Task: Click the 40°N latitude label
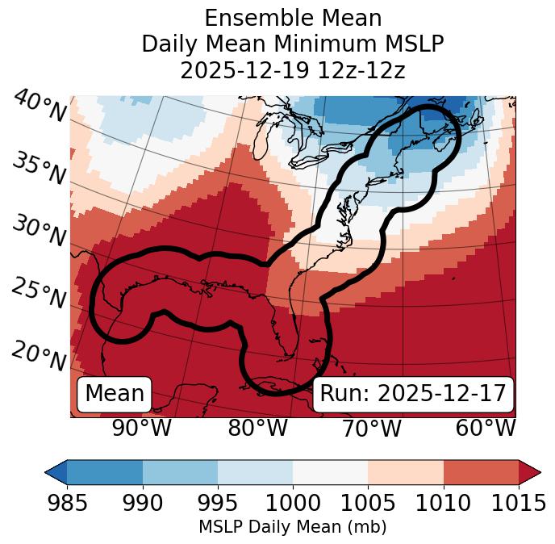(40, 107)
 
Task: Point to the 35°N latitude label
(38, 169)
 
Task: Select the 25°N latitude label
(38, 294)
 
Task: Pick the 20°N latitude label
(38, 356)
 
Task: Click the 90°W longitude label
(142, 428)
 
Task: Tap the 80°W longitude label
(257, 428)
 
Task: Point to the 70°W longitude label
(371, 428)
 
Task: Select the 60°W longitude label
(486, 428)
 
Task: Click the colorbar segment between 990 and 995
(180, 472)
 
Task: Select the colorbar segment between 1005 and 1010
(406, 472)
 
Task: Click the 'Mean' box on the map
(115, 394)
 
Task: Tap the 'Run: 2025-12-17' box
(413, 394)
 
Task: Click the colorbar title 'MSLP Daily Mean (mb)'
(292, 528)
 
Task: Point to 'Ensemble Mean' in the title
(292, 18)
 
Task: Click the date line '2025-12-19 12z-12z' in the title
(292, 70)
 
